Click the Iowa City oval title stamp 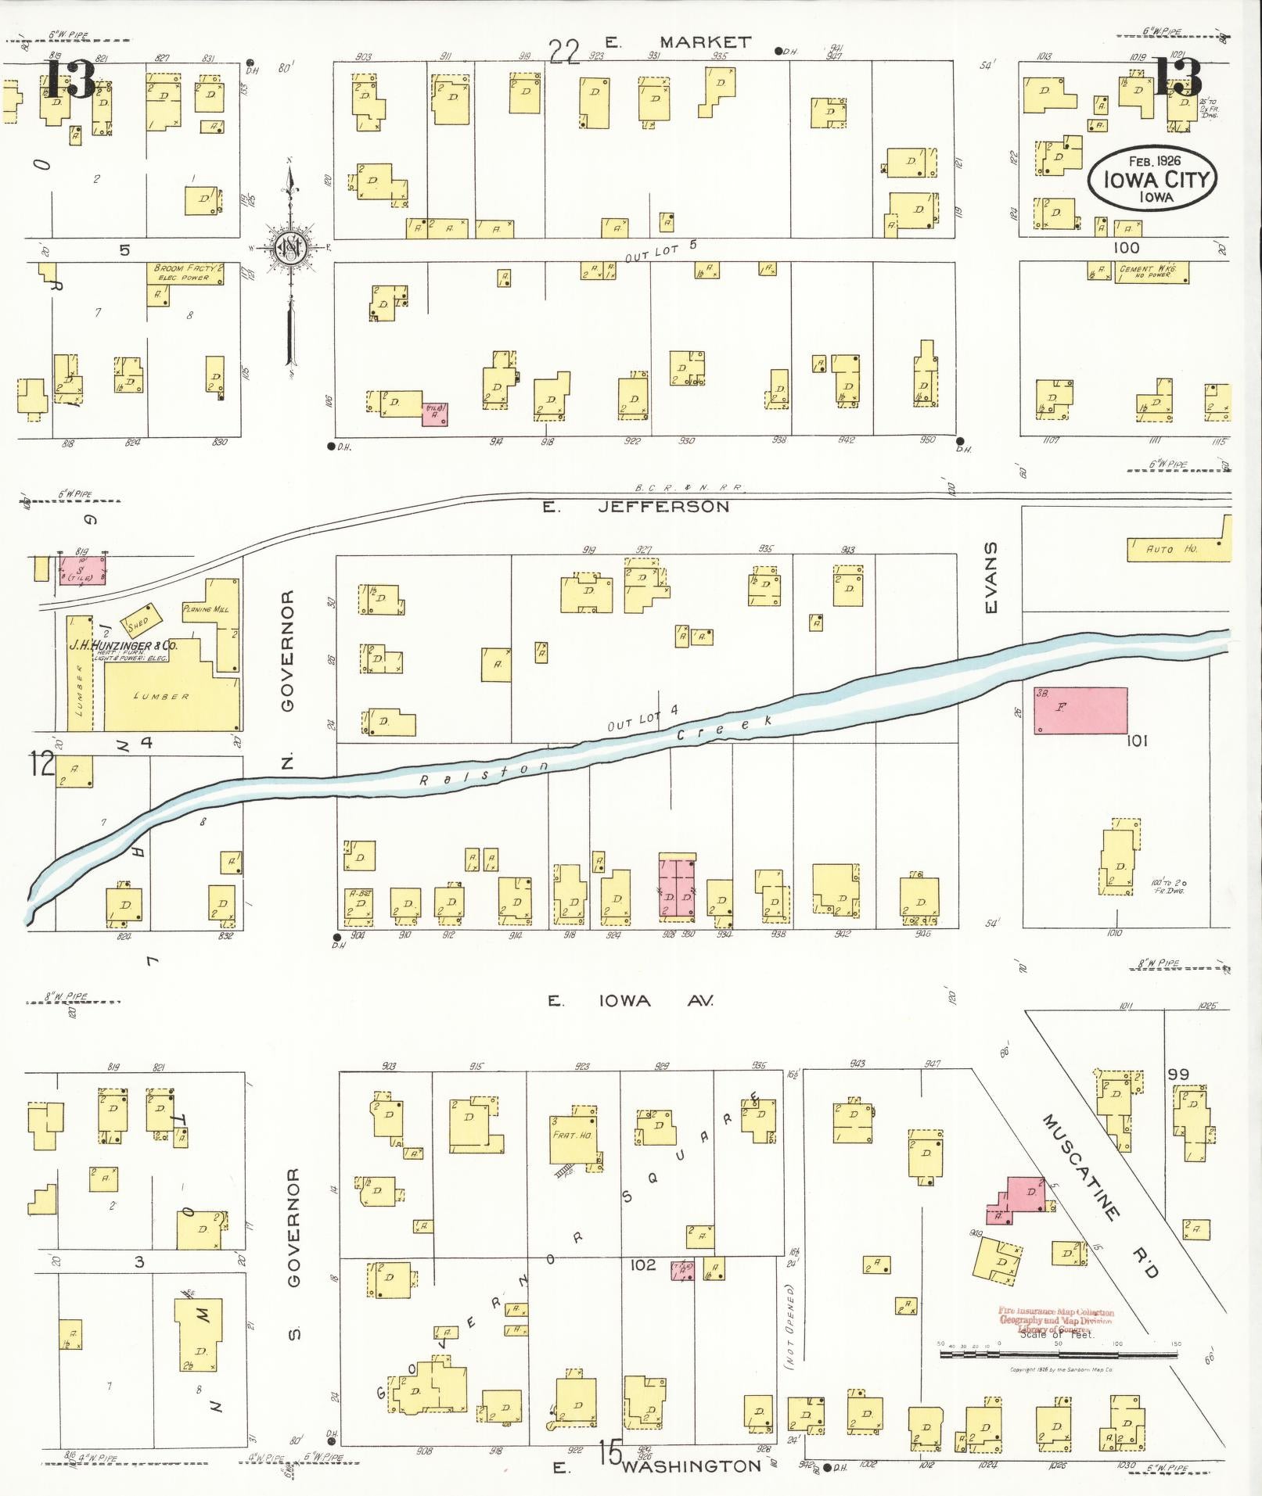(1150, 178)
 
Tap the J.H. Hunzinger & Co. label (124, 646)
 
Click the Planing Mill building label (205, 608)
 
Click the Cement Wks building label (1147, 271)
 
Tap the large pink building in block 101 (1081, 710)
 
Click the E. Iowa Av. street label (631, 1001)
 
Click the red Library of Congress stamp (1055, 1321)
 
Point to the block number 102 (642, 1265)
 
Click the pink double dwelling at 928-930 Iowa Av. (678, 889)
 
